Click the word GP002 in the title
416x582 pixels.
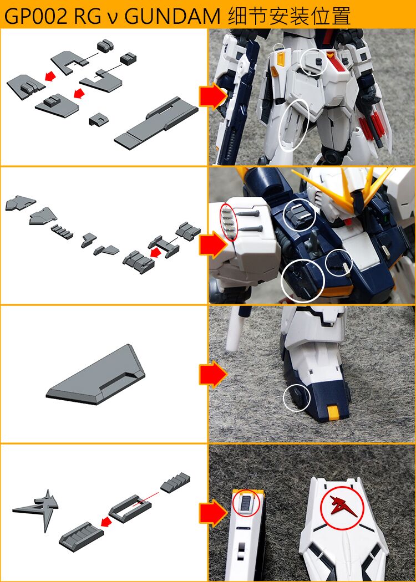(x=34, y=16)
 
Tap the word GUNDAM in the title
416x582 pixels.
(x=174, y=16)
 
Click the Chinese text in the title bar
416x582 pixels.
(x=289, y=16)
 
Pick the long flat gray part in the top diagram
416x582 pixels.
(x=156, y=125)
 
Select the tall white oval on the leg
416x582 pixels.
(x=295, y=125)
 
